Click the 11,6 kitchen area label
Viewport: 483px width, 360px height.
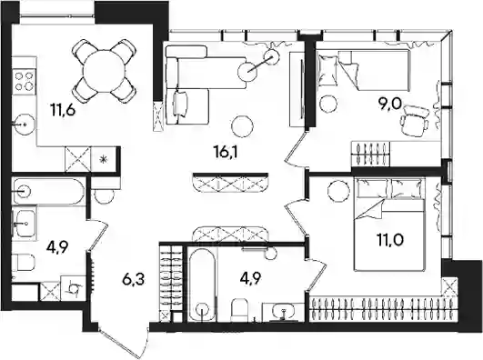[63, 110]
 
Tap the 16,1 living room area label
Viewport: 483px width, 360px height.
[226, 152]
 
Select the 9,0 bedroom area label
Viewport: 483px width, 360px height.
[391, 105]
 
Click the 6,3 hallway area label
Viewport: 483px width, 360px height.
[133, 280]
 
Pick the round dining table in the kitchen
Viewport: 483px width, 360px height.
[105, 71]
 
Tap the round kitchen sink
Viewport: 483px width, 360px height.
[25, 125]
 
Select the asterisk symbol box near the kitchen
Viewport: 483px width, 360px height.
[104, 159]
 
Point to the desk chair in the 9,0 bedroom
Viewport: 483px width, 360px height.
[415, 121]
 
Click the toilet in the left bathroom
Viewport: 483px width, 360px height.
[24, 262]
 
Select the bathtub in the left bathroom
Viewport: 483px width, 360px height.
[48, 191]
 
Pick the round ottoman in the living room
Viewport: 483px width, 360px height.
[243, 126]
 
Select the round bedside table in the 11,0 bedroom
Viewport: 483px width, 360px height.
[338, 191]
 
